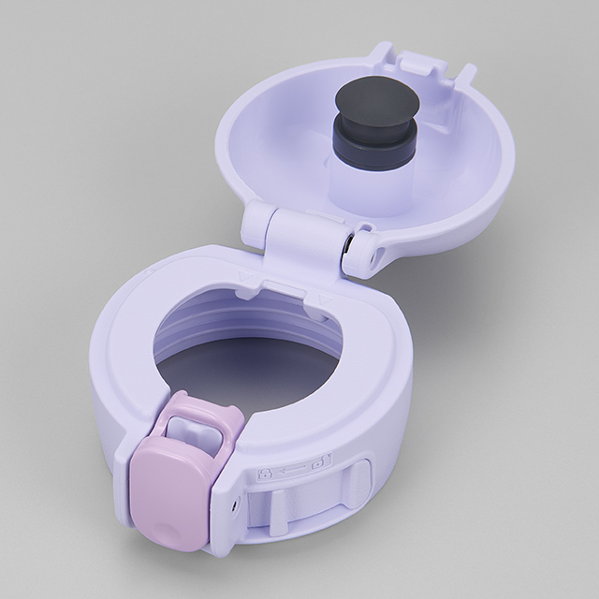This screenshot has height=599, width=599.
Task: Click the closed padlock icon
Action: pyautogui.click(x=268, y=473)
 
